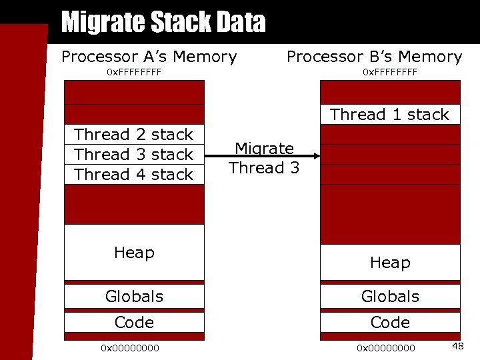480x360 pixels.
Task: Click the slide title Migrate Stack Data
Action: tap(163, 23)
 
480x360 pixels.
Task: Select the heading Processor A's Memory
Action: tap(149, 57)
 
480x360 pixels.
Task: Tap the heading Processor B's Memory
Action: tap(374, 57)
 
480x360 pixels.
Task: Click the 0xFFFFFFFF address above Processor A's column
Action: tap(134, 71)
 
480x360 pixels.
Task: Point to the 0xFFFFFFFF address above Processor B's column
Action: tap(390, 71)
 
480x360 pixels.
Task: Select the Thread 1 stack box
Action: tap(390, 115)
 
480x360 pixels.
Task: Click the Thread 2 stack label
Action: tap(134, 135)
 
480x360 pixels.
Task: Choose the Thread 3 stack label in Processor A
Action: tap(134, 155)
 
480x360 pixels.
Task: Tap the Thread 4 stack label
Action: tap(134, 175)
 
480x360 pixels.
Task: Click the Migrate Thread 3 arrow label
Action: tap(264, 159)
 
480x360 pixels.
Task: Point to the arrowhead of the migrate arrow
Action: tap(317, 158)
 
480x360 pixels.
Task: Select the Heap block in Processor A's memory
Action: tap(134, 252)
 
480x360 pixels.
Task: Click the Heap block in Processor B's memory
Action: tap(390, 262)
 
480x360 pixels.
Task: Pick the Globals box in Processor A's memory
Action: tap(134, 296)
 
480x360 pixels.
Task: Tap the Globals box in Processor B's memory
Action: tap(390, 296)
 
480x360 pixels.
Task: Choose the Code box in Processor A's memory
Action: tap(134, 323)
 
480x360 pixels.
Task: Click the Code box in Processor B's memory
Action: tap(390, 323)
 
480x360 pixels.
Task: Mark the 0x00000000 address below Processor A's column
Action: tap(130, 347)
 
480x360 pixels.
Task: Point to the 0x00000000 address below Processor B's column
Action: tap(386, 347)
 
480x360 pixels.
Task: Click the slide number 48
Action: tap(458, 346)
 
